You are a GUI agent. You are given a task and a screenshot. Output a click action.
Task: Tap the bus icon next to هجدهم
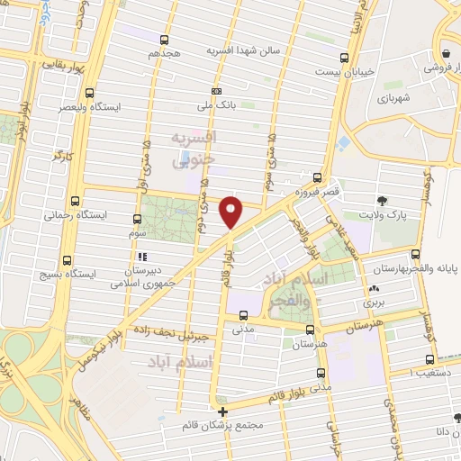click(164, 40)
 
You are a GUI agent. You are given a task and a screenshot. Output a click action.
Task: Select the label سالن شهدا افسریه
click(246, 51)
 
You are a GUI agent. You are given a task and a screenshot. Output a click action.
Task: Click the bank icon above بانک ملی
click(216, 91)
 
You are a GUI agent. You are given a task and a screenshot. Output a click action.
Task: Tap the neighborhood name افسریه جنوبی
click(194, 146)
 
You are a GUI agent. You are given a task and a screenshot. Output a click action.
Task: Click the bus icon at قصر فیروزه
click(317, 177)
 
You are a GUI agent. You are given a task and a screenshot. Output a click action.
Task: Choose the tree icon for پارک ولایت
click(384, 200)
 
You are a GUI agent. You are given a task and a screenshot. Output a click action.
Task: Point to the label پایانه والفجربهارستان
click(416, 268)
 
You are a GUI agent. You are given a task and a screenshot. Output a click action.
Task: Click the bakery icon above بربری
click(373, 289)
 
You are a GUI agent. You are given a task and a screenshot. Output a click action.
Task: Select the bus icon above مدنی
click(244, 315)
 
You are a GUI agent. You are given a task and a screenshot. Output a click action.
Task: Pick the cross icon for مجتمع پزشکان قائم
click(223, 411)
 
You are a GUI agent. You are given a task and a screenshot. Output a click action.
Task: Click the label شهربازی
click(394, 97)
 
